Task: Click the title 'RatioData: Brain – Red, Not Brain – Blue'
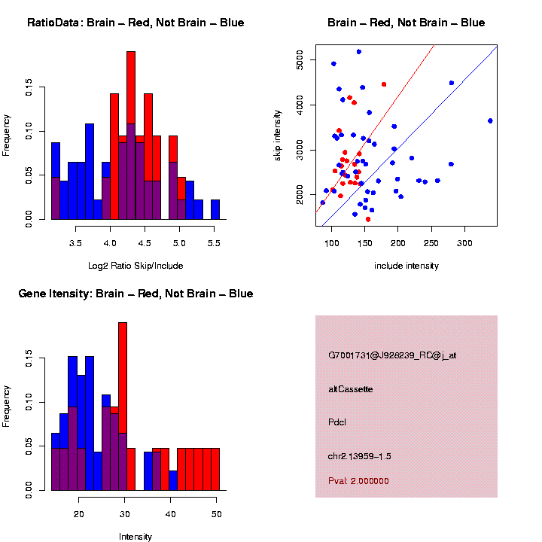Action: point(135,23)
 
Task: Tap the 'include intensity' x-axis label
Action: point(406,266)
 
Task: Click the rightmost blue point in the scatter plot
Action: point(490,120)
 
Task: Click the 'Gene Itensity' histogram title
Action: point(135,294)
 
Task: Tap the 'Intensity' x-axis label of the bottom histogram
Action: point(135,537)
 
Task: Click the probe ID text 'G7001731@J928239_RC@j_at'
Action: point(392,355)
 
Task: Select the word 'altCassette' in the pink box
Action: point(351,389)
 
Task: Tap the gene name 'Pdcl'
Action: point(337,422)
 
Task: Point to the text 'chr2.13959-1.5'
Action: point(360,456)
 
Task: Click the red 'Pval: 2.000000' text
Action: point(359,480)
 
